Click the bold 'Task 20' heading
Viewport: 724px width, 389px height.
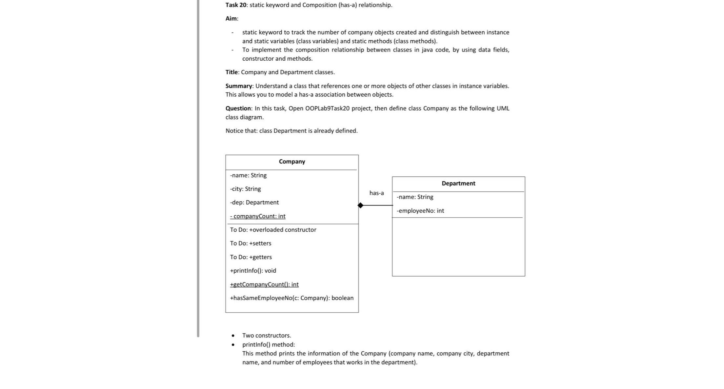(235, 5)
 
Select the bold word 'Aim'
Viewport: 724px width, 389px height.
(231, 19)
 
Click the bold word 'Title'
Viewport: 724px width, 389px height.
(231, 72)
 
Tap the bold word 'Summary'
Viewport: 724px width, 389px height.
(239, 86)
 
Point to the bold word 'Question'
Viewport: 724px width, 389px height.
(238, 108)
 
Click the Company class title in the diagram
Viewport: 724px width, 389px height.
(292, 162)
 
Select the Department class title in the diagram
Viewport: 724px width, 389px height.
(458, 184)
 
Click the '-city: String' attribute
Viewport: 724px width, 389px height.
(245, 189)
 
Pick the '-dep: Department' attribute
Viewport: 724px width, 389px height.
(254, 203)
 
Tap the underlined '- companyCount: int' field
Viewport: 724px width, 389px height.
(258, 216)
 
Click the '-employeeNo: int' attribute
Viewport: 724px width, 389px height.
(420, 211)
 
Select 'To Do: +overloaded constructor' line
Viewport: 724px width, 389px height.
(273, 230)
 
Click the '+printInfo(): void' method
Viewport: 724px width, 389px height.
(253, 271)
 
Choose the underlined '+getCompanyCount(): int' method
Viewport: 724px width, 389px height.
(264, 284)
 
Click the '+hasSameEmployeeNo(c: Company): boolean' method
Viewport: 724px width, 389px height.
(292, 298)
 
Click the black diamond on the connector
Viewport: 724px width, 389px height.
(360, 205)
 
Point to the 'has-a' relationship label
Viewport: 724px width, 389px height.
(376, 193)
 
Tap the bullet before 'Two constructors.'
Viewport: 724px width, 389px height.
(233, 336)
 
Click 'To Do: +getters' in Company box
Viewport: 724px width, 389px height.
(251, 257)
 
